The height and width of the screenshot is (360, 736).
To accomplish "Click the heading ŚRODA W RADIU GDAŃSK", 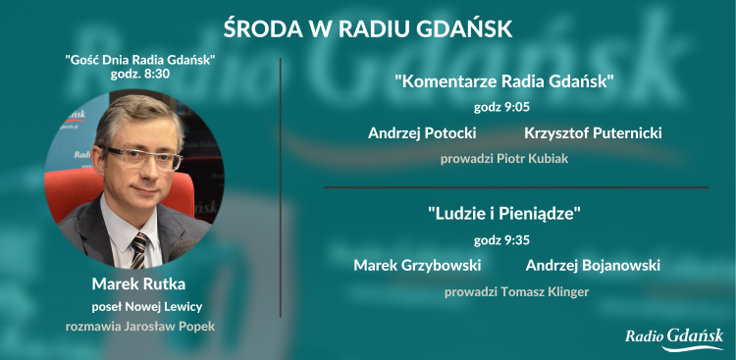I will pos(368,26).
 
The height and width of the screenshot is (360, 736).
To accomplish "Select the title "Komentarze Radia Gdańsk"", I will pos(504,80).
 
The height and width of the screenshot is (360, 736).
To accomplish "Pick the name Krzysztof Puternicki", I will pos(593,131).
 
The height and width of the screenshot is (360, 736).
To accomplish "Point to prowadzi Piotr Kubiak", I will pos(504,157).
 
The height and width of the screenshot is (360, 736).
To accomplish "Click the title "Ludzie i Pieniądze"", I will pos(504,213).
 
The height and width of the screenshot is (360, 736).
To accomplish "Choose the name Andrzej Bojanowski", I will pos(593,265).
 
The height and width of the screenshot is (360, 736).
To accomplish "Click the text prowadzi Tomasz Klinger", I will pos(506,291).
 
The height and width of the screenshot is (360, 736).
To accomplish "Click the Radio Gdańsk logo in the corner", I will pos(674,337).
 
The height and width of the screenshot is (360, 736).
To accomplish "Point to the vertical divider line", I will pos(281,186).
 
